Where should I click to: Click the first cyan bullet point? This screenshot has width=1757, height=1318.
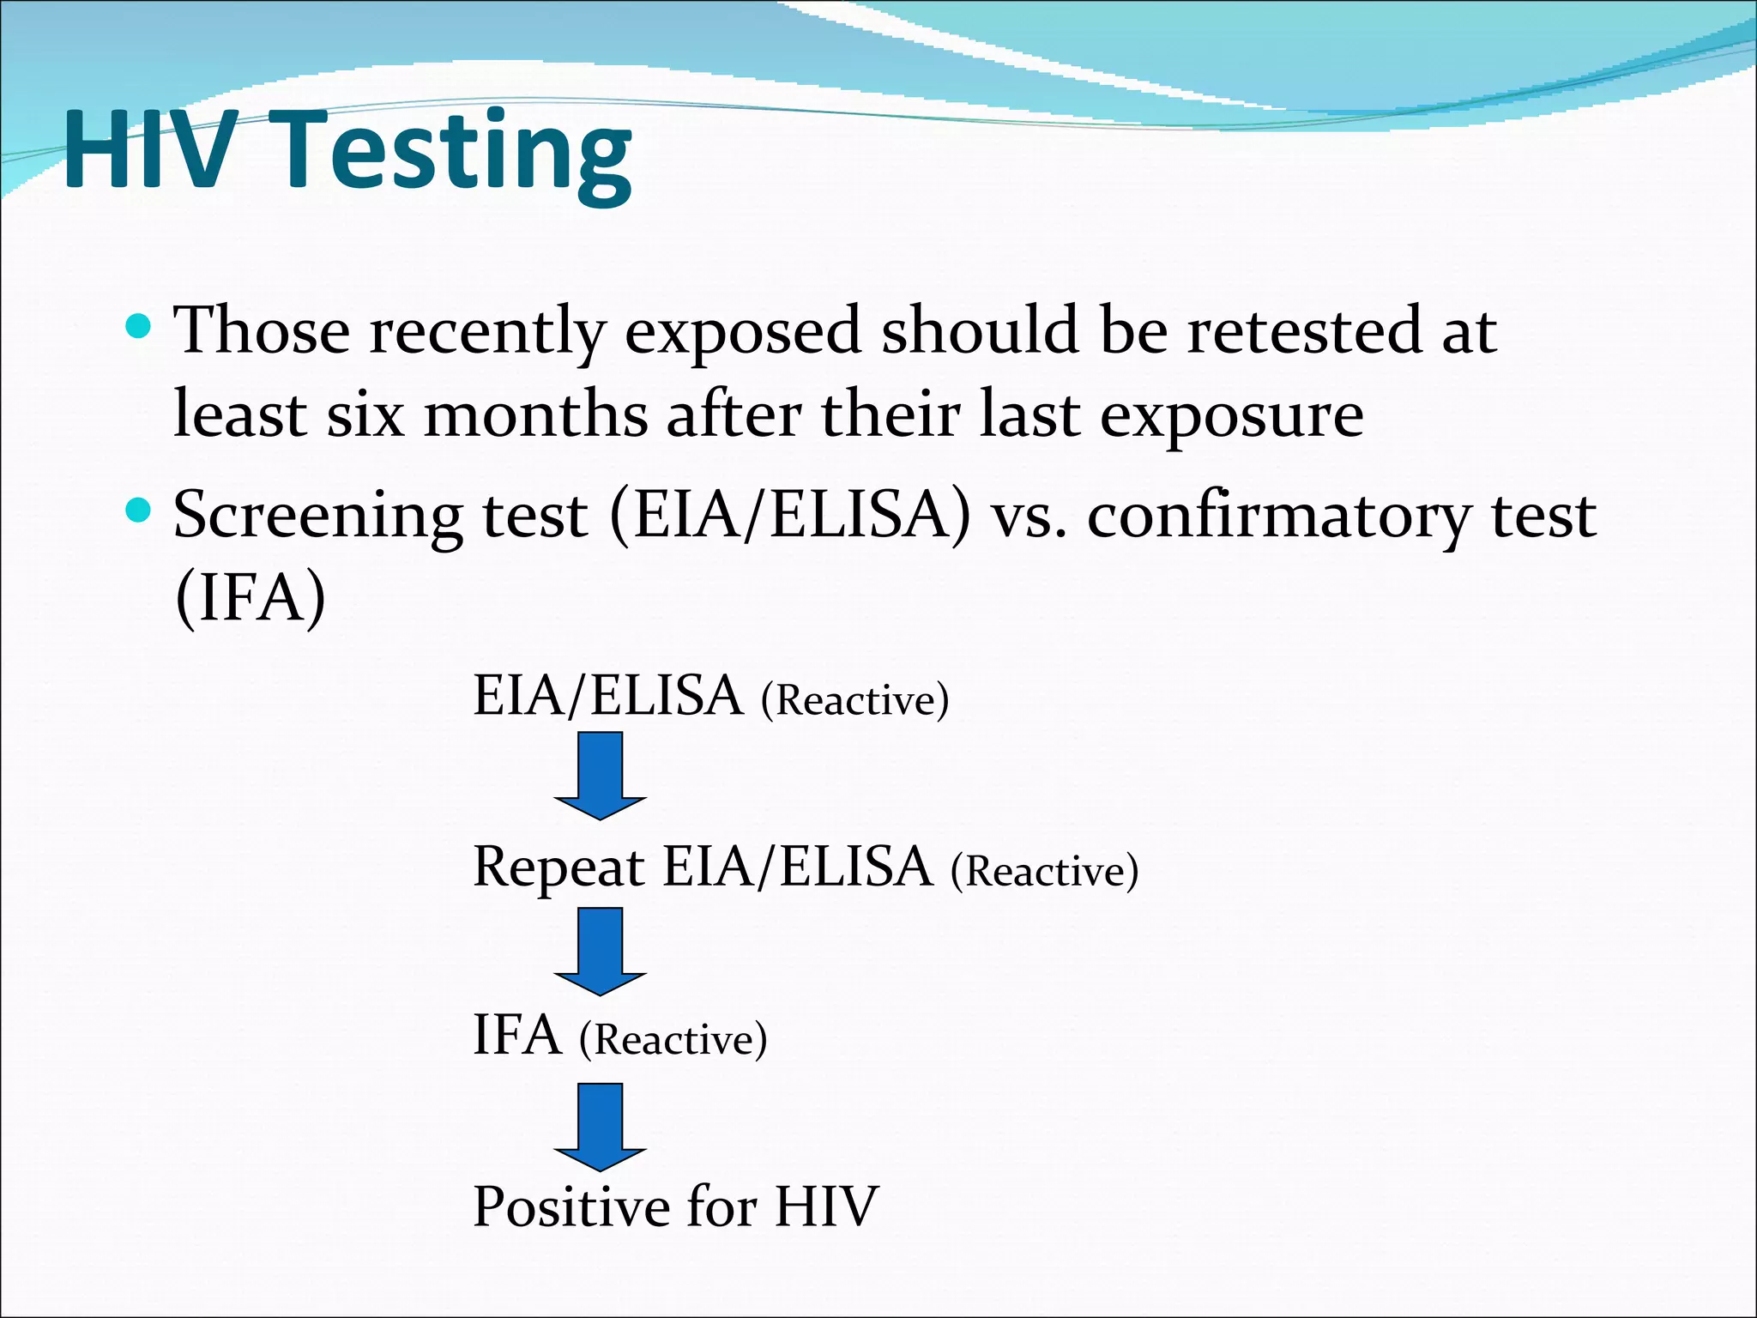138,327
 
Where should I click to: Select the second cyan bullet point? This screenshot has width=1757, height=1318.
138,511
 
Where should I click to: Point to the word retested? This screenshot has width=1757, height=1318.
1304,331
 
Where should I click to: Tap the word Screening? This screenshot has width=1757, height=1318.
317,517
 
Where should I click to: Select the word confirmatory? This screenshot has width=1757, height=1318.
1278,517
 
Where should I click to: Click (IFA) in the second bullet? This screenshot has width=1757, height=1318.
250,598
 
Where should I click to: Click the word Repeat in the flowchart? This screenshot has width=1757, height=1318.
558,868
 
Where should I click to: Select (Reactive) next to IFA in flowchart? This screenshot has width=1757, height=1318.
673,1040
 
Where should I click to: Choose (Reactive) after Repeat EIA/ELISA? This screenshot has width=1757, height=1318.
1044,871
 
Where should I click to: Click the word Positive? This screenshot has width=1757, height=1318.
571,1207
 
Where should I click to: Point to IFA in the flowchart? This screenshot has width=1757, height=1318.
517,1036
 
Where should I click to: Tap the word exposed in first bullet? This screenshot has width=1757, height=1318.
742,333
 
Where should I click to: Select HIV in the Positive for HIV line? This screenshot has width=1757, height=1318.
826,1207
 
